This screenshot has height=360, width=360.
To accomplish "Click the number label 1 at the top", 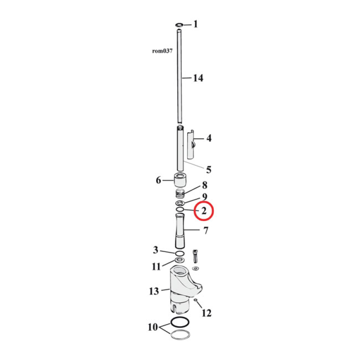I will (x=195, y=24).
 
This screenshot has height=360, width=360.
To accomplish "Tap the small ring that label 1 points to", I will (x=180, y=24).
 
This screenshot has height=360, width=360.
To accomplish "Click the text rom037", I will (x=162, y=51).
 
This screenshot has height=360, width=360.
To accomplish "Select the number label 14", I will (x=198, y=78).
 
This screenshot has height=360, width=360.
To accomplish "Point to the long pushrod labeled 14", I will (x=180, y=76).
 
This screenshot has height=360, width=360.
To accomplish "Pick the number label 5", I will (x=208, y=170).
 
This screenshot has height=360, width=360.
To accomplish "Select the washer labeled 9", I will (x=180, y=204).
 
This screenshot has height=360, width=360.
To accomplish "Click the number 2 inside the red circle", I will (x=204, y=211).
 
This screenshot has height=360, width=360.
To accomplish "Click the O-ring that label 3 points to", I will (x=180, y=254).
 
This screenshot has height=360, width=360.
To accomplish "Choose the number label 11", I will (x=156, y=266).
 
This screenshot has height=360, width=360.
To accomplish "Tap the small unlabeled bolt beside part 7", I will (x=195, y=257).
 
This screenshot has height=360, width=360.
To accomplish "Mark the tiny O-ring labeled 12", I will (x=197, y=300).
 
